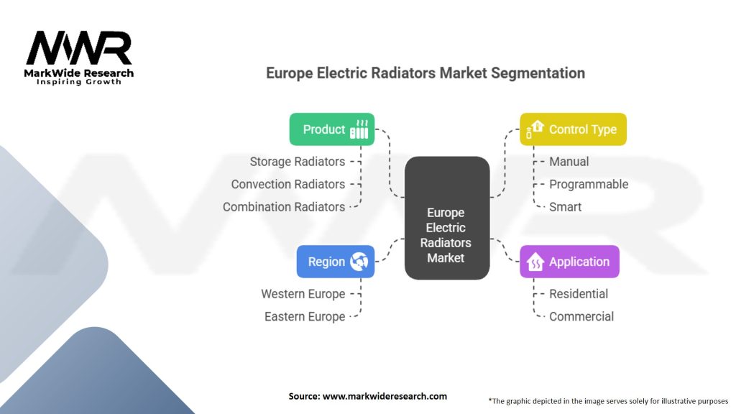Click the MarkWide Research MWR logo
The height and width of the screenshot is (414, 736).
click(79, 56)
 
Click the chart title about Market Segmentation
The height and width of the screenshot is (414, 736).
click(425, 73)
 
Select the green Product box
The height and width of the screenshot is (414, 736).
click(331, 129)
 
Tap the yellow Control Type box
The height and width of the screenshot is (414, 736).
click(573, 129)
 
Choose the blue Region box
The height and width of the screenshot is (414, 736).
click(335, 262)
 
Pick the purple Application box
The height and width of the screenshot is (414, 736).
click(569, 262)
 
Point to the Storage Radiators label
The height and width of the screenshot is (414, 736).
click(297, 162)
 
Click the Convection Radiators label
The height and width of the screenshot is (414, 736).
click(287, 184)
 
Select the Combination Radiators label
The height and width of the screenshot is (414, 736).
click(284, 206)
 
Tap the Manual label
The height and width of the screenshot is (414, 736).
click(569, 162)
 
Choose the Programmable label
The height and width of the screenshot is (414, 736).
click(588, 184)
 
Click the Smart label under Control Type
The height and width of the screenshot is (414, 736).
click(565, 206)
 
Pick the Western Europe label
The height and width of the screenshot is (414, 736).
click(303, 294)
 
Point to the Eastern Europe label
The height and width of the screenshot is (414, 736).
click(305, 316)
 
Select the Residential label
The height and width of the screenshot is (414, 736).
click(578, 294)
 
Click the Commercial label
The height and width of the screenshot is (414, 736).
click(581, 316)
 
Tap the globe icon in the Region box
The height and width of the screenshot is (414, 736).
click(359, 262)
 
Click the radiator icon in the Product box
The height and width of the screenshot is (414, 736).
click(359, 130)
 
